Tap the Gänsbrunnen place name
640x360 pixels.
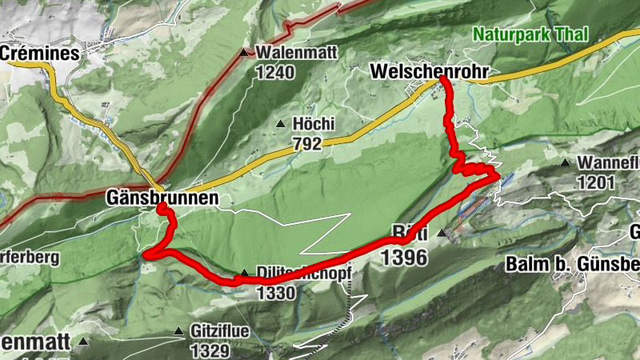162,198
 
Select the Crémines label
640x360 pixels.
41,54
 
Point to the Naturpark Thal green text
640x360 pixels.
530,34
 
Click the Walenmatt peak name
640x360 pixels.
297,53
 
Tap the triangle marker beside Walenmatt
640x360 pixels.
245,53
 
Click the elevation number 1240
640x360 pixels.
276,72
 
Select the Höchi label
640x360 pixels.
313,124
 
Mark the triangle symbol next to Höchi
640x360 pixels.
280,124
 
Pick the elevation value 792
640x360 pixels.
307,144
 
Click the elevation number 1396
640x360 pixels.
405,257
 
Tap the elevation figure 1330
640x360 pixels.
276,293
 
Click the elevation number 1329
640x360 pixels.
210,350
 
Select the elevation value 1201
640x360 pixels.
594,182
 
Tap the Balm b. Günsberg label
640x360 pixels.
572,265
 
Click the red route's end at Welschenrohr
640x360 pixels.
443,80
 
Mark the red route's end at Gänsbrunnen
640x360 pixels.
161,207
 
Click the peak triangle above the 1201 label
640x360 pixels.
566,163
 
